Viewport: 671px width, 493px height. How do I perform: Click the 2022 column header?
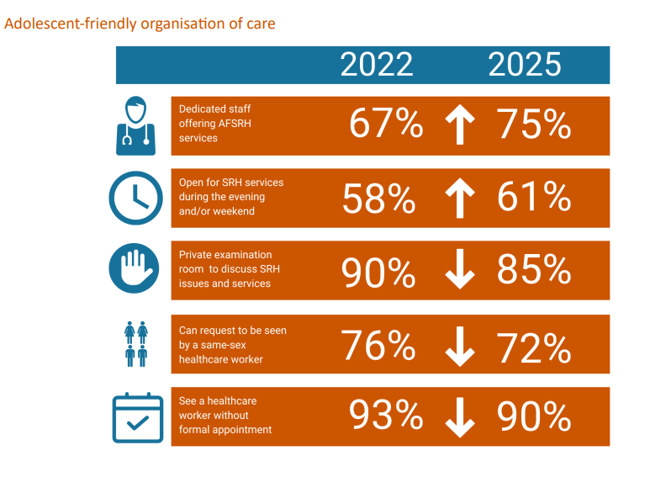tap(377, 64)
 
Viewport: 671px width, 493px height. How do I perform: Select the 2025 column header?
tap(524, 64)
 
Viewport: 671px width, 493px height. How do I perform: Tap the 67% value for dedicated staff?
tap(386, 124)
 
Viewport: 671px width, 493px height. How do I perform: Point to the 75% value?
tap(534, 124)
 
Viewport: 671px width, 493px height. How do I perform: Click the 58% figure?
tap(378, 199)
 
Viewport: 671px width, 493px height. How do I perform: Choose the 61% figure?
tap(534, 196)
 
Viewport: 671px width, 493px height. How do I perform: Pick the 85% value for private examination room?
tap(534, 269)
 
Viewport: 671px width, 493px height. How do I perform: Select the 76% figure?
tap(378, 345)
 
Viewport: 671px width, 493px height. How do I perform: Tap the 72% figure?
tap(534, 347)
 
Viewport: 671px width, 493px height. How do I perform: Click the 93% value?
tap(386, 414)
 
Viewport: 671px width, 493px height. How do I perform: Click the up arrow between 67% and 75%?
tap(460, 125)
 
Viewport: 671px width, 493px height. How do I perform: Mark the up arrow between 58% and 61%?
tap(460, 198)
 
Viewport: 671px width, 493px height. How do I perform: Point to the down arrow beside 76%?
tap(460, 347)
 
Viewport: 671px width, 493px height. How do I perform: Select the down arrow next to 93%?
tap(460, 417)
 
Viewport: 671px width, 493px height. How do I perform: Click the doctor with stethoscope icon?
tap(135, 125)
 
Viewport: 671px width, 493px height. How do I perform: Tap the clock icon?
tap(135, 198)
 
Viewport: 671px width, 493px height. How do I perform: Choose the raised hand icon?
tap(134, 268)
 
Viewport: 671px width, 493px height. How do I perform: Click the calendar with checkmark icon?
tap(138, 417)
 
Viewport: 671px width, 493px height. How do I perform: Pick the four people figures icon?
tap(136, 344)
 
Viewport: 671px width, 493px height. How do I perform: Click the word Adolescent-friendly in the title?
tap(71, 24)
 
